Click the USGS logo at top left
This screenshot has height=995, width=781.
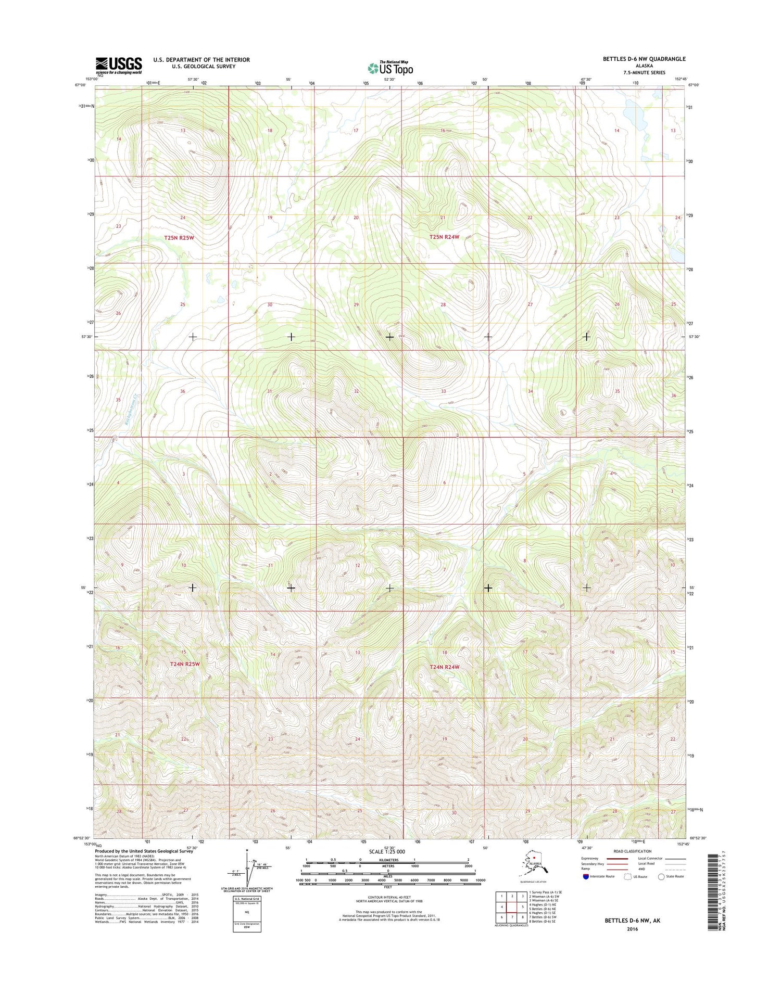(118, 65)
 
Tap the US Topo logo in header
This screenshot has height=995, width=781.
(390, 68)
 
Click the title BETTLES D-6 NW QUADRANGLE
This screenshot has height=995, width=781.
(644, 59)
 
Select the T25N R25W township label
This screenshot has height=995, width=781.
(179, 238)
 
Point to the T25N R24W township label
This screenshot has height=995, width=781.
(444, 237)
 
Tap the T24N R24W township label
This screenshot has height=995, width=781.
(444, 667)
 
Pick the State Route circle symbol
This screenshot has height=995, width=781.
(661, 876)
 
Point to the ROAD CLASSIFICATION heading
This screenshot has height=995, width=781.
(632, 851)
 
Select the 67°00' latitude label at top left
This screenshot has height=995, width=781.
(80, 85)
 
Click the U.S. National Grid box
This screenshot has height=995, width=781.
(247, 914)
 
